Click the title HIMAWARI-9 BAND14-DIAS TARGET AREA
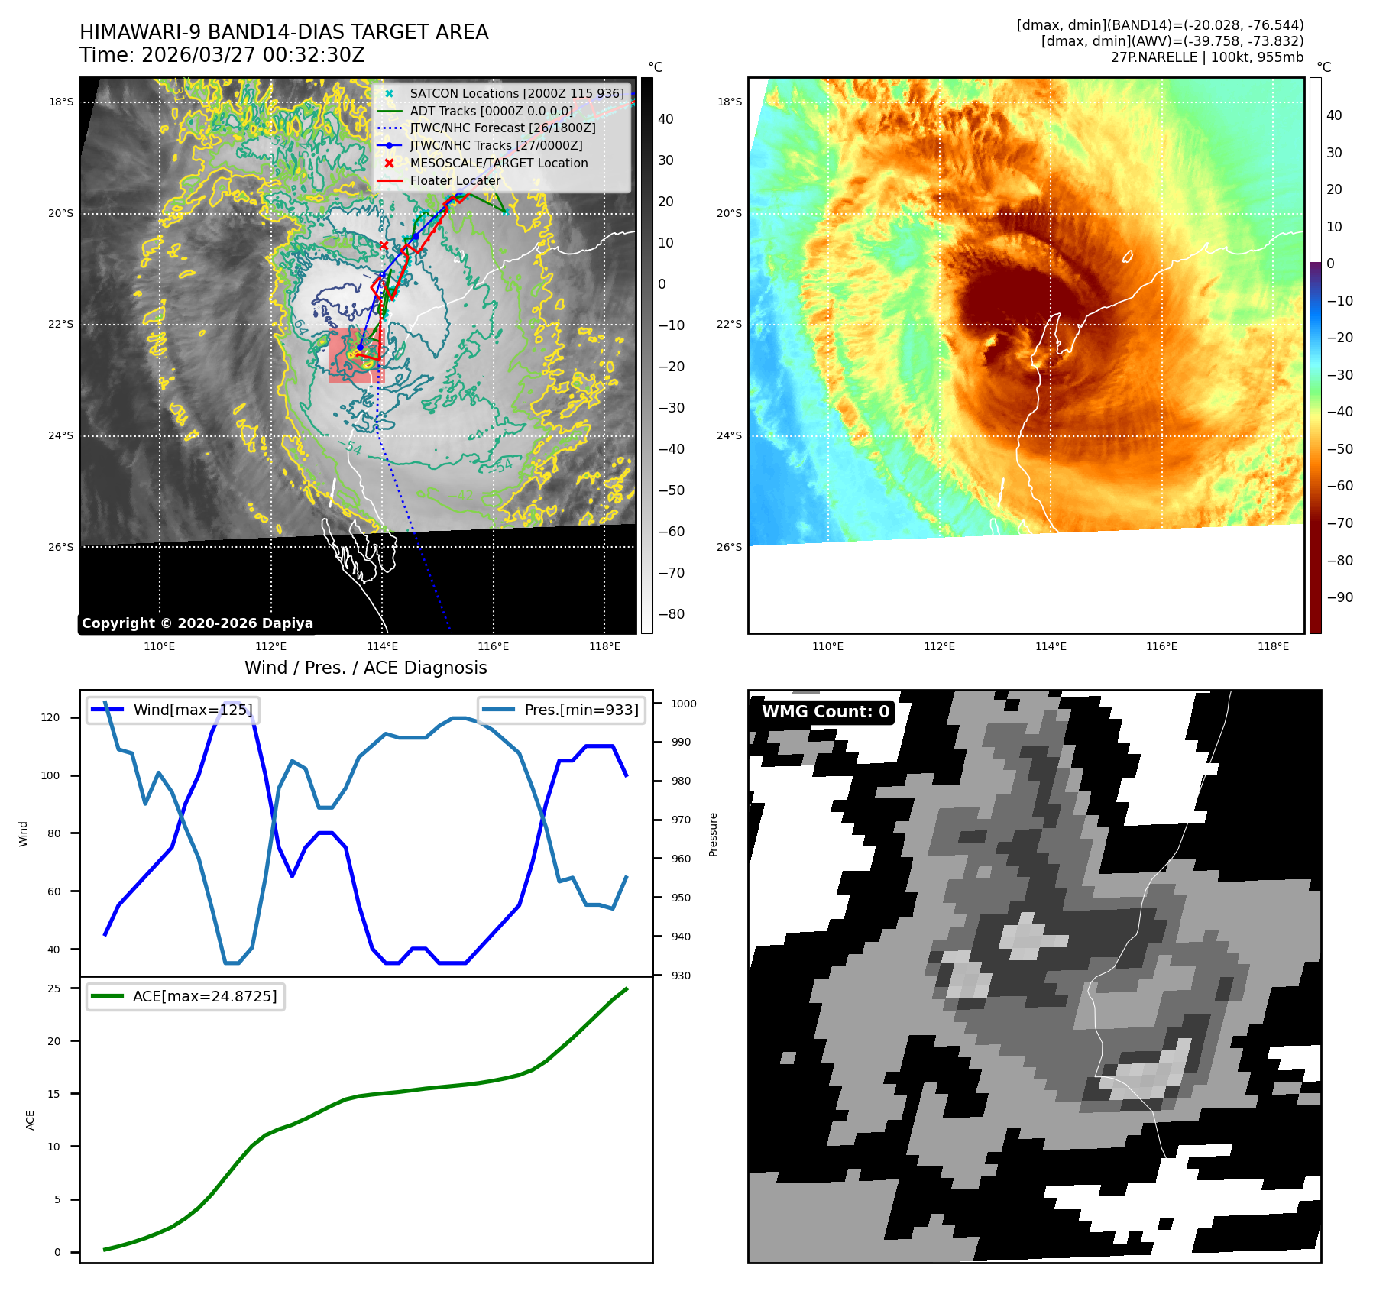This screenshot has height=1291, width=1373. pyautogui.click(x=283, y=32)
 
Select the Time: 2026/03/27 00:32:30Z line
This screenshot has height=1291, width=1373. pyautogui.click(x=222, y=55)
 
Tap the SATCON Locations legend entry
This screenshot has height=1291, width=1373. pyautogui.click(x=516, y=93)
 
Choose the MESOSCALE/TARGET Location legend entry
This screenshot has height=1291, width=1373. pyautogui.click(x=498, y=163)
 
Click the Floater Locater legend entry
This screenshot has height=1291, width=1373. pyautogui.click(x=455, y=180)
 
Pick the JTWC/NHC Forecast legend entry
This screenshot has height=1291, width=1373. pyautogui.click(x=502, y=128)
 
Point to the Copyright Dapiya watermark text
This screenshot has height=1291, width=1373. pyautogui.click(x=197, y=623)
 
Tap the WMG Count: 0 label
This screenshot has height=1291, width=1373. pyautogui.click(x=825, y=712)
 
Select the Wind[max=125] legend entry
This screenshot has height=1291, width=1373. pyautogui.click(x=193, y=710)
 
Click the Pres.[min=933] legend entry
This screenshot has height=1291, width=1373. pyautogui.click(x=581, y=710)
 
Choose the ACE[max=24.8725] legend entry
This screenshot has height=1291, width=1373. pyautogui.click(x=204, y=996)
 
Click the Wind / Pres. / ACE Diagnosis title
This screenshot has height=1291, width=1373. pyautogui.click(x=365, y=668)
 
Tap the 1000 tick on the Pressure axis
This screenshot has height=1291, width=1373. pyautogui.click(x=684, y=704)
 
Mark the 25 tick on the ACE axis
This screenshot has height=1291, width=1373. pyautogui.click(x=53, y=988)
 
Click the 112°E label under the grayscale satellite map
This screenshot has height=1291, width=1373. pyautogui.click(x=270, y=646)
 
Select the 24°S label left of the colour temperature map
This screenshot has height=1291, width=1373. pyautogui.click(x=728, y=435)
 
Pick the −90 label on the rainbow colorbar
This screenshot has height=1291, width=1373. pyautogui.click(x=1339, y=597)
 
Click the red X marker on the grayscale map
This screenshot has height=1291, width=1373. pyautogui.click(x=384, y=245)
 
